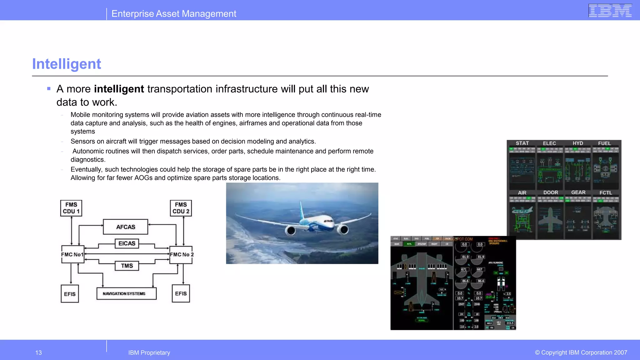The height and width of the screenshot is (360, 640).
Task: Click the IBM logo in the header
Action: [x=610, y=11]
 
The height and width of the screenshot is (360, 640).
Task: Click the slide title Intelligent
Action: [x=67, y=64]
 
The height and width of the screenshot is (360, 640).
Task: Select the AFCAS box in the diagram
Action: [x=126, y=227]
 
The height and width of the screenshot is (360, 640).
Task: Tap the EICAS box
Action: [x=127, y=243]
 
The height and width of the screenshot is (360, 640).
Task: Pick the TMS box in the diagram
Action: [x=127, y=266]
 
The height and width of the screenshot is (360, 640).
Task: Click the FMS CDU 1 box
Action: [x=71, y=208]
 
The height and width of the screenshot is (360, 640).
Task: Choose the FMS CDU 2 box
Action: [x=181, y=208]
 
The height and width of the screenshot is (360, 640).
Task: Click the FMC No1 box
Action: [x=72, y=254]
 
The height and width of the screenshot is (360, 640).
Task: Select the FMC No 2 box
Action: [x=181, y=254]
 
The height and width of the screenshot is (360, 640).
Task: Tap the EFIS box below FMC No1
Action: [x=70, y=294]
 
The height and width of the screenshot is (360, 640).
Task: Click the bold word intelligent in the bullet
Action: [x=119, y=89]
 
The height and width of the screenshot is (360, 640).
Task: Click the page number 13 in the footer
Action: [x=38, y=353]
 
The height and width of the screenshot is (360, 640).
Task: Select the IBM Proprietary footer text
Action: [x=149, y=353]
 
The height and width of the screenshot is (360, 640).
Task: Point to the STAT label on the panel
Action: [x=522, y=143]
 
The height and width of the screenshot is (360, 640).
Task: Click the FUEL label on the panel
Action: [x=604, y=143]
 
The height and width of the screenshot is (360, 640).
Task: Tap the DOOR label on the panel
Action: [x=551, y=192]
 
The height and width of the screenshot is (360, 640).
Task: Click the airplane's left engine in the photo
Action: [x=291, y=231]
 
